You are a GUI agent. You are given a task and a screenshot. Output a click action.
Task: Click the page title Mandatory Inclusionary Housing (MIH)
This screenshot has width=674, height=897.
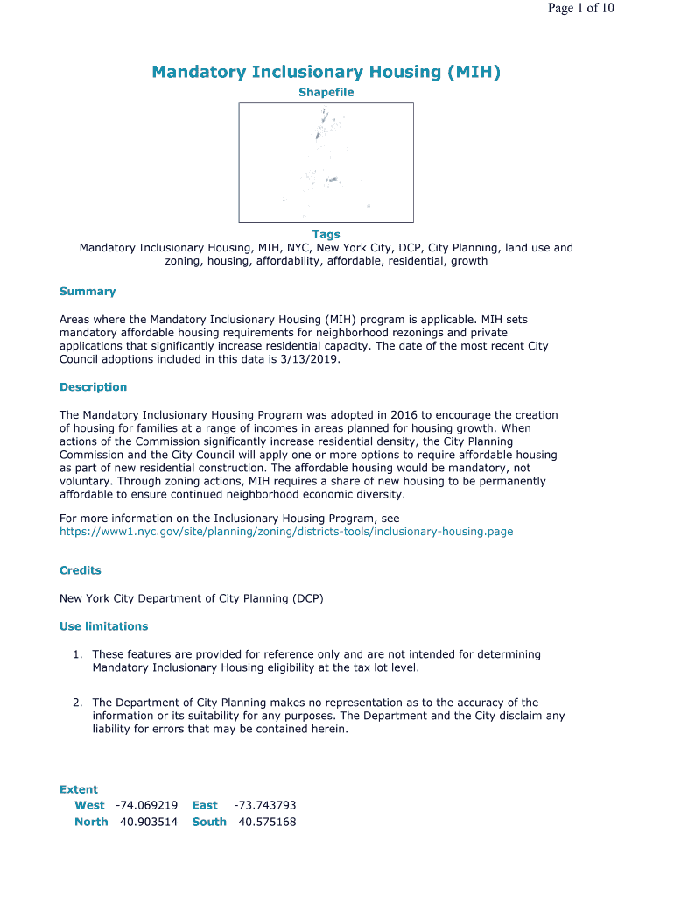click(x=326, y=72)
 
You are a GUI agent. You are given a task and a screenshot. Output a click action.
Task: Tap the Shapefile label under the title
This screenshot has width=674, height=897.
click(x=326, y=93)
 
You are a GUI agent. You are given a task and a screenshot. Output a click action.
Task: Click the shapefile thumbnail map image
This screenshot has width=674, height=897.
click(x=326, y=163)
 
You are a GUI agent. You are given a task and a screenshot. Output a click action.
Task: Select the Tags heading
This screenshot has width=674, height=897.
click(x=326, y=235)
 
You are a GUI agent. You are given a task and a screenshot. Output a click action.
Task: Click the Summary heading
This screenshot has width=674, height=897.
click(x=88, y=292)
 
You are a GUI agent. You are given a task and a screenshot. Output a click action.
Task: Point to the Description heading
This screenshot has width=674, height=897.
click(x=93, y=387)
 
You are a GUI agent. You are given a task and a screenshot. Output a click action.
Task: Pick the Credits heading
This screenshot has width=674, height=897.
click(x=81, y=570)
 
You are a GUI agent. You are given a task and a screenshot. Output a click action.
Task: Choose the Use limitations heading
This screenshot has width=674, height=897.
click(x=103, y=626)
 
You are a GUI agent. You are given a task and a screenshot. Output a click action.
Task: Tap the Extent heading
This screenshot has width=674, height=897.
click(x=79, y=789)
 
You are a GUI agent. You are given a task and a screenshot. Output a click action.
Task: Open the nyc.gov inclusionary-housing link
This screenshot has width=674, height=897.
click(x=286, y=532)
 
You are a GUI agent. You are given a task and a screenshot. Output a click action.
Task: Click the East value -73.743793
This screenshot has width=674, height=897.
click(x=264, y=805)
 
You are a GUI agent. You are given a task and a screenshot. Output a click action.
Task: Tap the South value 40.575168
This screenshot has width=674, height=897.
click(x=267, y=822)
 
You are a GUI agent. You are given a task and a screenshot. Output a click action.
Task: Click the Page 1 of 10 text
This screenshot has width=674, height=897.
click(x=581, y=9)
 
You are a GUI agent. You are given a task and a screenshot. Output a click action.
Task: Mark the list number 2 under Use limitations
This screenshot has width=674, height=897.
click(x=78, y=703)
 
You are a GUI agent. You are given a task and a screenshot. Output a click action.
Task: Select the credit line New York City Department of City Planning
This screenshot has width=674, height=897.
click(x=191, y=598)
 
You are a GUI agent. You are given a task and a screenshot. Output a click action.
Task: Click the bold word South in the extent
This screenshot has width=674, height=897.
click(x=209, y=822)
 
